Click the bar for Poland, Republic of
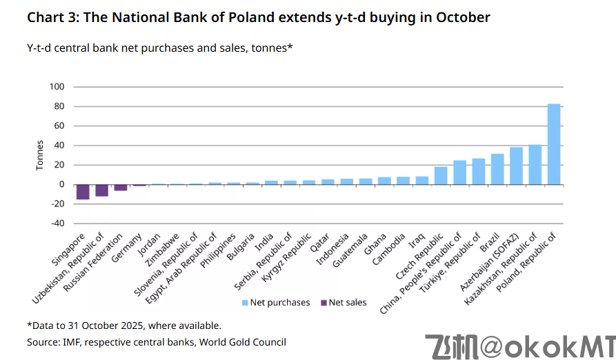tap(553, 144)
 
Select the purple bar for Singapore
tap(83, 192)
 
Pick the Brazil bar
tap(497, 169)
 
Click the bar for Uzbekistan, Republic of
tap(101, 190)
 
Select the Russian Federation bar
tap(121, 188)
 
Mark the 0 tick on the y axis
tap(61, 185)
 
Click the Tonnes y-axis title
tap(39, 155)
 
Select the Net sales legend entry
tap(347, 302)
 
